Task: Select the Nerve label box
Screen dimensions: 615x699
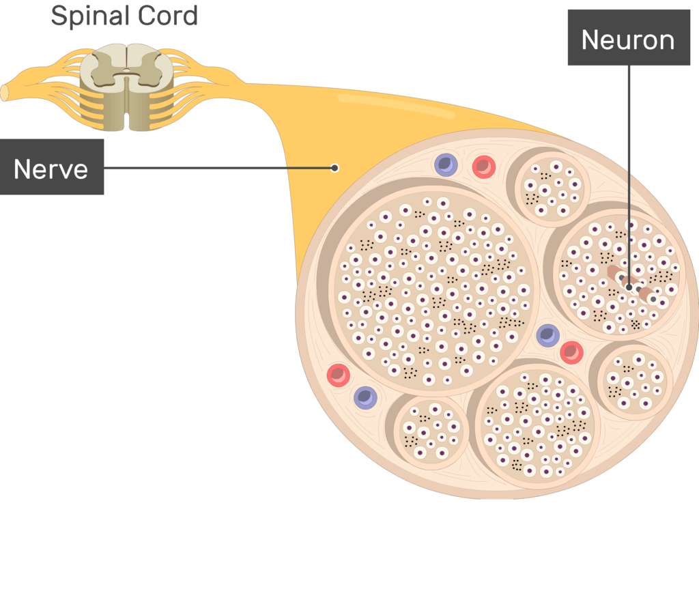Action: pyautogui.click(x=52, y=167)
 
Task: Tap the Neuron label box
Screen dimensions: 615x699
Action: pyautogui.click(x=628, y=40)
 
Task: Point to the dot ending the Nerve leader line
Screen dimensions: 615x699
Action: pyautogui.click(x=334, y=167)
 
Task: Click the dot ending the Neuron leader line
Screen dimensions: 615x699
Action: pyautogui.click(x=629, y=287)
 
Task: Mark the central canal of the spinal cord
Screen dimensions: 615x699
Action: pyautogui.click(x=127, y=71)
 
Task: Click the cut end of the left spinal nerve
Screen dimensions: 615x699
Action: pyautogui.click(x=4, y=92)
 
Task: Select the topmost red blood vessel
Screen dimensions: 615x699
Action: pyautogui.click(x=483, y=166)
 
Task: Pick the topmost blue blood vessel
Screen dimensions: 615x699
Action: pyautogui.click(x=445, y=165)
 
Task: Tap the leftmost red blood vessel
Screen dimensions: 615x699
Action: pyautogui.click(x=338, y=375)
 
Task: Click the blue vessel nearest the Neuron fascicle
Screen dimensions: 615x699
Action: pyautogui.click(x=547, y=335)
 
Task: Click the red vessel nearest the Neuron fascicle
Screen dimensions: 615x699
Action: pyautogui.click(x=571, y=352)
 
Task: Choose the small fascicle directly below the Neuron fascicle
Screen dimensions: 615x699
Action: pyautogui.click(x=635, y=380)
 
